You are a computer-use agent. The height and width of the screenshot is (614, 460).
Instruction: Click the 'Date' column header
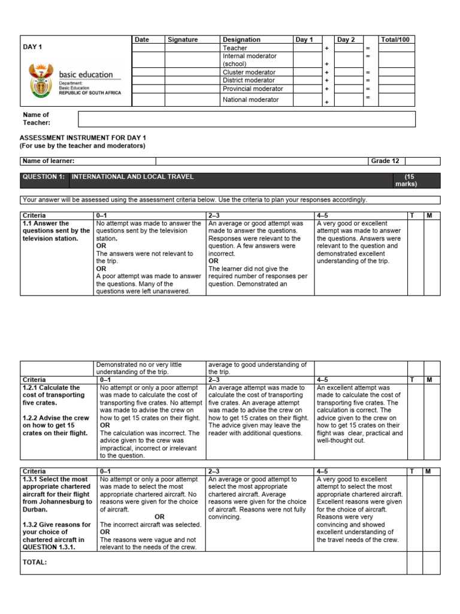coord(141,40)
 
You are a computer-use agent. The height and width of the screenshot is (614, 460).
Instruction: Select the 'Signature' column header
coord(183,40)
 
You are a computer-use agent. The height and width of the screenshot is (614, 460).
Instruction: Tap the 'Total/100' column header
coord(396,40)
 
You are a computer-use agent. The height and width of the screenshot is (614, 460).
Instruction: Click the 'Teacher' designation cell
coord(235,48)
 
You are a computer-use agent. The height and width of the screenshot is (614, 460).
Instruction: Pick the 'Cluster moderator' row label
coord(249,72)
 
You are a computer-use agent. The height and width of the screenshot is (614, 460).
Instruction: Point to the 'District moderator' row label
coord(249,80)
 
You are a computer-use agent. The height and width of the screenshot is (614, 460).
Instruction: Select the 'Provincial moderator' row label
coord(253,88)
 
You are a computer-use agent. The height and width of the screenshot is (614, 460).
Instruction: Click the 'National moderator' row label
coord(250,100)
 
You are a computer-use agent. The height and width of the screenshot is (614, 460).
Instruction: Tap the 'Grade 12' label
coord(385,161)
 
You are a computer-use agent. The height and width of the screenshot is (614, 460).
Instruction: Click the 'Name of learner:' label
coord(49,161)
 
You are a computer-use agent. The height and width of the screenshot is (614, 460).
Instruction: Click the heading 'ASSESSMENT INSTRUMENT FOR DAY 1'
coord(83,137)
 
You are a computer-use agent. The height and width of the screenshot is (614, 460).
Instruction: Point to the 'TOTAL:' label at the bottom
coord(35,562)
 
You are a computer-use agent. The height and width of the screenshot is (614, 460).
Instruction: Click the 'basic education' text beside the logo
coord(86,75)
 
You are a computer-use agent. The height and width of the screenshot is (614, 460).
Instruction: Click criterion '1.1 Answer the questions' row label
coord(56,231)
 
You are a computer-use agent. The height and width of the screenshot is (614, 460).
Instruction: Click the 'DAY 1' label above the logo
coord(32,46)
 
